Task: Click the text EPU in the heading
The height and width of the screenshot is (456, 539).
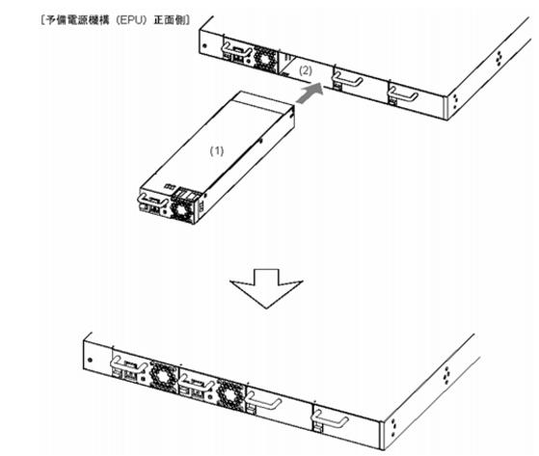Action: coord(132,20)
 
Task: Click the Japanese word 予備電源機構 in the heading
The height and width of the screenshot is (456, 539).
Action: coord(77,20)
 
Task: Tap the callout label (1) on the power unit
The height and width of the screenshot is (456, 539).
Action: coord(217,150)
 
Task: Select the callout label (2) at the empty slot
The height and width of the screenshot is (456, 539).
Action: coord(306,70)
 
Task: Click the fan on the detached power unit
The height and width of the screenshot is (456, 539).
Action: coord(182,211)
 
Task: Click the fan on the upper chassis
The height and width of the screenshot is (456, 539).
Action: coord(265,59)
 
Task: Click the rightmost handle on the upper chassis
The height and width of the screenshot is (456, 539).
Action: coord(403,94)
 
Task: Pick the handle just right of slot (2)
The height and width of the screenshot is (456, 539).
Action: coord(348,79)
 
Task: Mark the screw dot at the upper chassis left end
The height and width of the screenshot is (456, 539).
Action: coord(205,45)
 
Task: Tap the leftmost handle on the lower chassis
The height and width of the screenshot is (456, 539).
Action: coord(127,364)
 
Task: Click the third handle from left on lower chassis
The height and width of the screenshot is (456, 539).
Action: coord(264,401)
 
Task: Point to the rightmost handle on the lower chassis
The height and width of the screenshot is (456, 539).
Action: coord(330,419)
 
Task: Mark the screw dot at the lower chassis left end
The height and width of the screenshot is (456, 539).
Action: coord(91,361)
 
